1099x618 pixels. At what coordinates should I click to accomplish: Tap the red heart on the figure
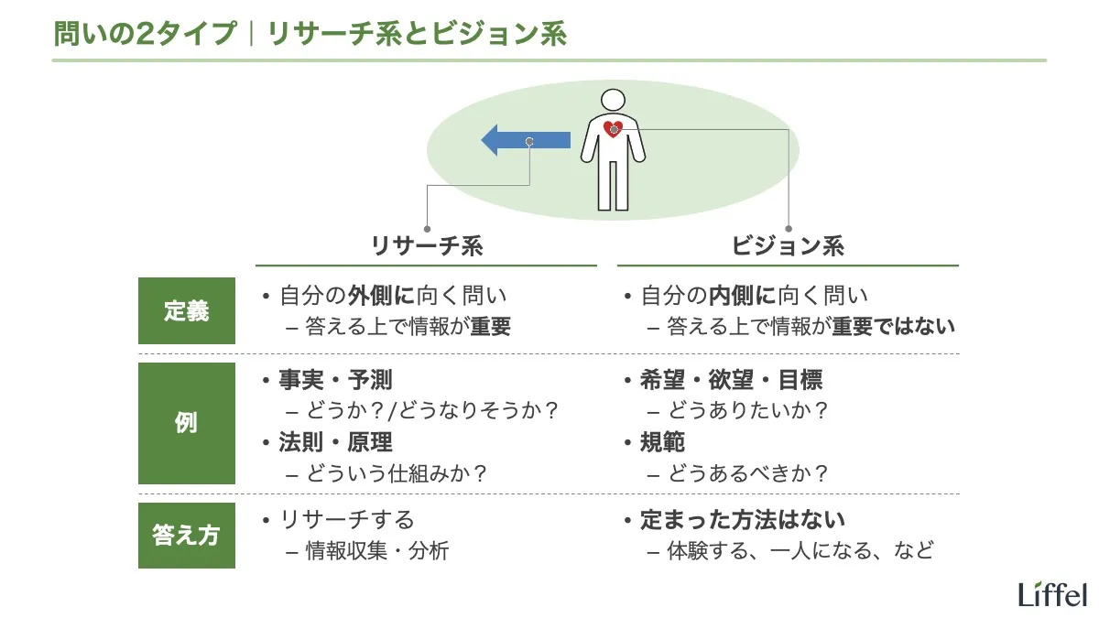click(614, 129)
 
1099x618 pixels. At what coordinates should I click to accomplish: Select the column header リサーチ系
click(427, 245)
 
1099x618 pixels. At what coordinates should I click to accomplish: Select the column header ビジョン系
click(788, 245)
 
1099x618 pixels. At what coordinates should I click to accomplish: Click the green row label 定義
click(186, 311)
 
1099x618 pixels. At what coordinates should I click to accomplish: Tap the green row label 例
click(186, 424)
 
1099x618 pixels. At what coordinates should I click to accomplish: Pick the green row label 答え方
click(186, 535)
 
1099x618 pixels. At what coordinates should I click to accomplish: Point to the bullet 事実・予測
click(335, 380)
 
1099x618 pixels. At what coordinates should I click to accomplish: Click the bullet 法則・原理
click(335, 442)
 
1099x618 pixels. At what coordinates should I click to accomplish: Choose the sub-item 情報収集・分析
click(376, 551)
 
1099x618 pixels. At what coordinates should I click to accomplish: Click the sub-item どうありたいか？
click(748, 411)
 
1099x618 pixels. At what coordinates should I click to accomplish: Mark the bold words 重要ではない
click(893, 327)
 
